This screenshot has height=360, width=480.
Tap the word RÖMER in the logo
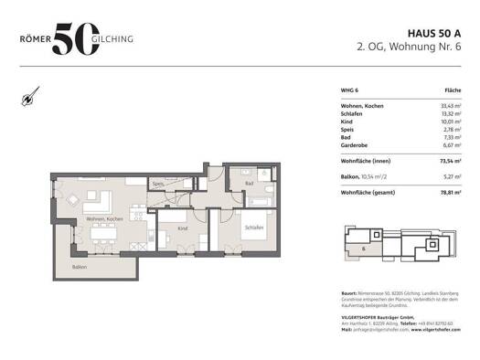36,39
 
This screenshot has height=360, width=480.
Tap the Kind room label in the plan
182,228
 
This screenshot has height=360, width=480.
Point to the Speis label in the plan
158,184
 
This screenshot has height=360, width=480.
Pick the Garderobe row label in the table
353,143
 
